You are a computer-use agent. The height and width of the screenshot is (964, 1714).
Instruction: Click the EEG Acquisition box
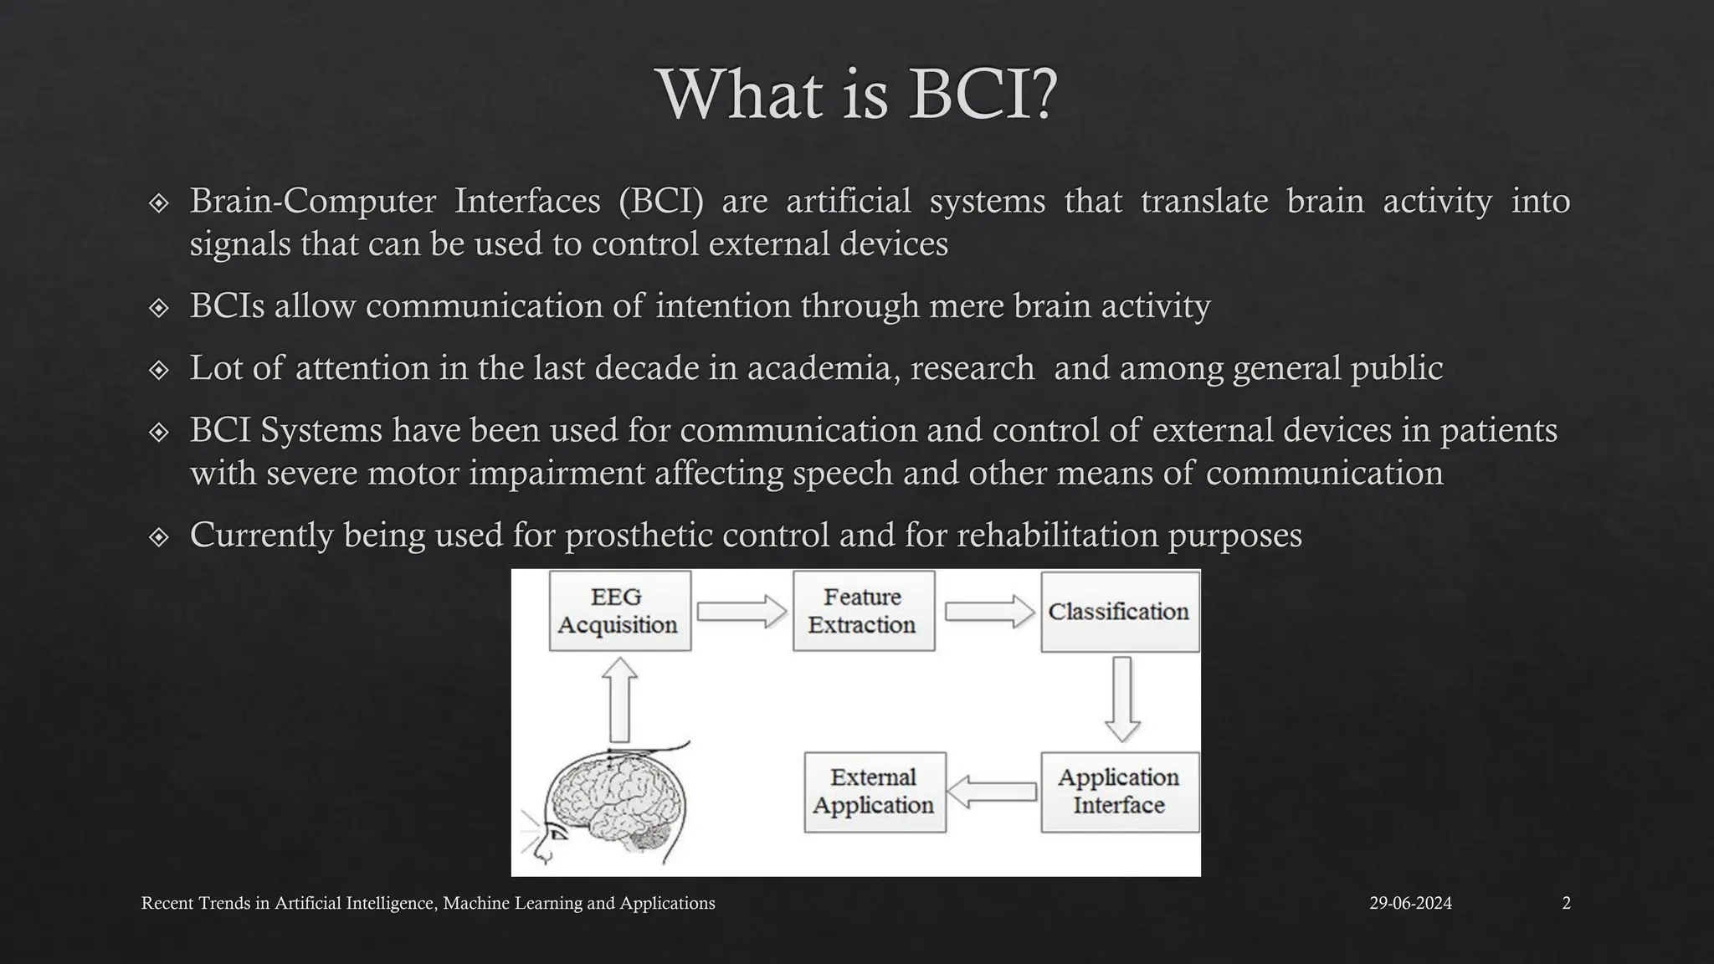pos(619,611)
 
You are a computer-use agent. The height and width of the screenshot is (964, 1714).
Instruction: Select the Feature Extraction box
pos(863,611)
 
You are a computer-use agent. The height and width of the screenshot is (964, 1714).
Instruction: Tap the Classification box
pos(1119,612)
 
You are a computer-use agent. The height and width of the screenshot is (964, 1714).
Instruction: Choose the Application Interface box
pos(1119,792)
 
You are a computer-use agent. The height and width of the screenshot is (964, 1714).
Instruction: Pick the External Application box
pos(875,792)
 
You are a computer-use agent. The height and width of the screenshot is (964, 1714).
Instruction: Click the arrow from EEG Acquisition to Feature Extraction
pos(742,612)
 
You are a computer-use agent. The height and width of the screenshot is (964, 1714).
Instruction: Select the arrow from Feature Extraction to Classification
pos(989,612)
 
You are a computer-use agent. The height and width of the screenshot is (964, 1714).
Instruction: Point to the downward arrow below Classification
pos(1122,700)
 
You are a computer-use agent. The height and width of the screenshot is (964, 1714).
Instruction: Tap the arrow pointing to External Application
pos(993,792)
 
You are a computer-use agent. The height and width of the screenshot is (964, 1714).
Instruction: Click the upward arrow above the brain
pos(619,700)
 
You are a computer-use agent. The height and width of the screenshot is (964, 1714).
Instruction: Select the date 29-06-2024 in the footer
pos(1410,903)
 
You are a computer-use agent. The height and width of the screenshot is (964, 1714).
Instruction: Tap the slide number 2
pos(1566,903)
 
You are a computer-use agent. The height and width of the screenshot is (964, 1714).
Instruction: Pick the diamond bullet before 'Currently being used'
pos(158,536)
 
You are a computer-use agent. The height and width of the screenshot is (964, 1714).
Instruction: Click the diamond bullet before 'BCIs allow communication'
pos(158,307)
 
